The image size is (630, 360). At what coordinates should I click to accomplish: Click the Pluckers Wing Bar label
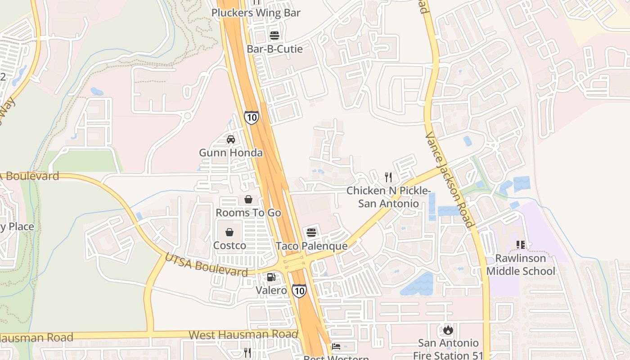[x=256, y=13]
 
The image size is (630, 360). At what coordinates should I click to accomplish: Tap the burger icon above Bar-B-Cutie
[x=274, y=36]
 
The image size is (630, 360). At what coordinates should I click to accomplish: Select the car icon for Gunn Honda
[x=231, y=139]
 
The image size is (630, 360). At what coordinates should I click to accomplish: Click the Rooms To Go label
[x=248, y=212]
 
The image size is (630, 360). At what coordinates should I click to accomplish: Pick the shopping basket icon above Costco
[x=229, y=232]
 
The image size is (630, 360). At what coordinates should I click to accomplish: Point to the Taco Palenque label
[x=311, y=246]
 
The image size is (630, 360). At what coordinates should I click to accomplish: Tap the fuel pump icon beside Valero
[x=271, y=277]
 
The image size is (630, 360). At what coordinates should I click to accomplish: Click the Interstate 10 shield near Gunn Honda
[x=252, y=117]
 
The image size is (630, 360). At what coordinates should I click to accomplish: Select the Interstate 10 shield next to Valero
[x=299, y=290]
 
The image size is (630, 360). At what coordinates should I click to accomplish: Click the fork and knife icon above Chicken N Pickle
[x=388, y=177]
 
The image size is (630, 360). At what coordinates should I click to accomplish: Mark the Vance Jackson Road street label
[x=449, y=180]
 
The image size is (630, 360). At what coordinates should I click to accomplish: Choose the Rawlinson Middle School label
[x=521, y=265]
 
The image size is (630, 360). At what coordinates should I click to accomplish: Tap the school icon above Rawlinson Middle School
[x=521, y=245]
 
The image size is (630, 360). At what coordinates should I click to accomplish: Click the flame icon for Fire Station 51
[x=448, y=330]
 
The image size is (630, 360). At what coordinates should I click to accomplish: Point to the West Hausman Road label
[x=243, y=334]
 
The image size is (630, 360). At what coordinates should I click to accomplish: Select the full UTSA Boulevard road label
[x=206, y=265]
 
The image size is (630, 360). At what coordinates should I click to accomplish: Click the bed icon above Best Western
[x=336, y=346]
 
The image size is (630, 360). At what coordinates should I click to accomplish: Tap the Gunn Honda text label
[x=231, y=153]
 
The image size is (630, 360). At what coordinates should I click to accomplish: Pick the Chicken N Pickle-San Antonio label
[x=388, y=197]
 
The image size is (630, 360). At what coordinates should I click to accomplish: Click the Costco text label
[x=229, y=246]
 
